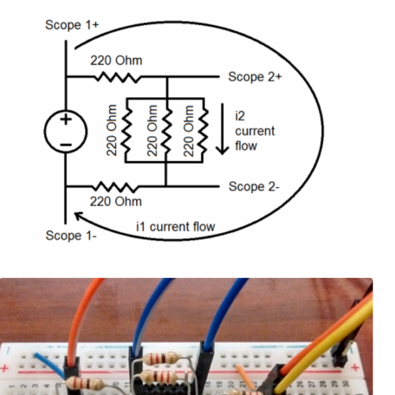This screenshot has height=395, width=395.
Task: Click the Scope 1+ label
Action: pyautogui.click(x=72, y=25)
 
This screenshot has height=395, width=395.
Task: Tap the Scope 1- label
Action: pyautogui.click(x=71, y=236)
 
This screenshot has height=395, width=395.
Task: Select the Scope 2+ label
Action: pyautogui.click(x=255, y=77)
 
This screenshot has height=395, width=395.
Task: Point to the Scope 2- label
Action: pyautogui.click(x=254, y=187)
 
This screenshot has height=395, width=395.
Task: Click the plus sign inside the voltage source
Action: pyautogui.click(x=66, y=120)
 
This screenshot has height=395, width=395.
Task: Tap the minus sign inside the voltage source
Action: pyautogui.click(x=66, y=144)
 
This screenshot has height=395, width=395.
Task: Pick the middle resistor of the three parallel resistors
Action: pyautogui.click(x=166, y=132)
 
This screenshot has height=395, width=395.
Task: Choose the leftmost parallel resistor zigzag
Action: pyautogui.click(x=128, y=132)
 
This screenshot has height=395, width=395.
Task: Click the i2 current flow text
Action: pyautogui.click(x=254, y=130)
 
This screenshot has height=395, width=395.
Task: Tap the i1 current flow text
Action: pyautogui.click(x=175, y=227)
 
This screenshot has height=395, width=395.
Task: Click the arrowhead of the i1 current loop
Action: pyautogui.click(x=78, y=216)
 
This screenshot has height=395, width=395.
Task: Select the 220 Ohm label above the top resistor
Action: pyautogui.click(x=116, y=61)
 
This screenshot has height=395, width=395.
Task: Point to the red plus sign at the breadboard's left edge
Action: pyautogui.click(x=6, y=366)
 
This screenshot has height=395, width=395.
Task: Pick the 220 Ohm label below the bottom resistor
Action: pyautogui.click(x=116, y=201)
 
